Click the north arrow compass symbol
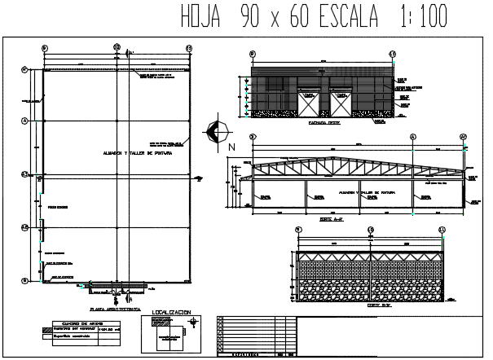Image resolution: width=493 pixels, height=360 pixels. [216, 130]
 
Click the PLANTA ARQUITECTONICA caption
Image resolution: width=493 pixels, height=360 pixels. [112, 310]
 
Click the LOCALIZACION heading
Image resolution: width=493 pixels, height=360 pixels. [172, 312]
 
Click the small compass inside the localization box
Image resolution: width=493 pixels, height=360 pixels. [192, 323]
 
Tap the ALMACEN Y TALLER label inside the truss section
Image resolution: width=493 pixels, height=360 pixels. [357, 194]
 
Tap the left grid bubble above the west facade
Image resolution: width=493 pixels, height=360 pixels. [253, 55]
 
